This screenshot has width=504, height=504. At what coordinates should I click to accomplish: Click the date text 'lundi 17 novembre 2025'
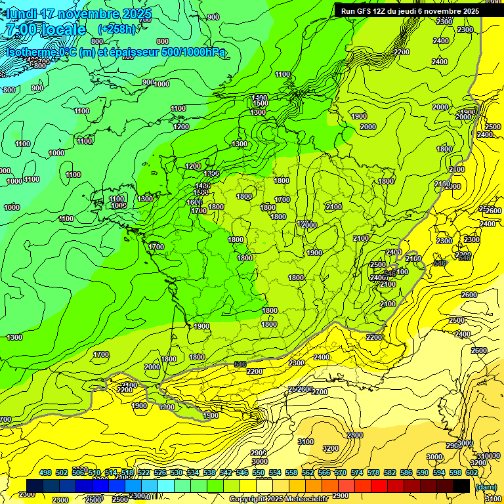pyautogui.click(x=79, y=14)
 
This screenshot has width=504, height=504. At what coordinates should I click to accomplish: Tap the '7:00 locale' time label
pyautogui.click(x=45, y=30)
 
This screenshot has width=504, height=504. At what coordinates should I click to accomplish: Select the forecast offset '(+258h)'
pyautogui.click(x=117, y=30)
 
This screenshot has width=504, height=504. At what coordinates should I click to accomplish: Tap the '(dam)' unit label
pyautogui.click(x=485, y=486)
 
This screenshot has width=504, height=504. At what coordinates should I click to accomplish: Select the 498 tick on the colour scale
pyautogui.click(x=45, y=473)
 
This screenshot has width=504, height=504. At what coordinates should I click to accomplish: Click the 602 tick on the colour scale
pyautogui.click(x=472, y=473)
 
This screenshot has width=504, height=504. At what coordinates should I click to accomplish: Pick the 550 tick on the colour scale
pyautogui.click(x=259, y=473)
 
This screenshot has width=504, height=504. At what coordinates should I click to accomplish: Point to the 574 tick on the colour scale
pyautogui.click(x=357, y=473)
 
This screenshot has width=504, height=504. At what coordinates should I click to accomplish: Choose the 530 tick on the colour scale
pyautogui.click(x=177, y=473)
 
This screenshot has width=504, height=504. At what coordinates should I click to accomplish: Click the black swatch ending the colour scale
pyautogui.click(x=461, y=486)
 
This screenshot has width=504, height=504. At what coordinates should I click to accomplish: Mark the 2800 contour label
pyautogui.click(x=354, y=435)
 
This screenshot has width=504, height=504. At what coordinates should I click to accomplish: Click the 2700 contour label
pyautogui.click(x=319, y=392)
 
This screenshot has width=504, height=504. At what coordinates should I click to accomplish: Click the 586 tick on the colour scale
pyautogui.click(x=406, y=473)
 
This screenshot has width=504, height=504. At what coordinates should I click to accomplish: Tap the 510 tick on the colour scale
pyautogui.click(x=94, y=473)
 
